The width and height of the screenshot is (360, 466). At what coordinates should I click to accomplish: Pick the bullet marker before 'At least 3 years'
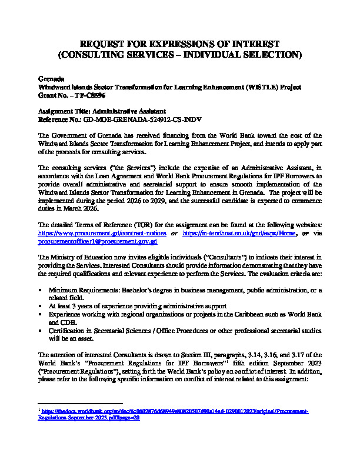(x=39, y=306)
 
